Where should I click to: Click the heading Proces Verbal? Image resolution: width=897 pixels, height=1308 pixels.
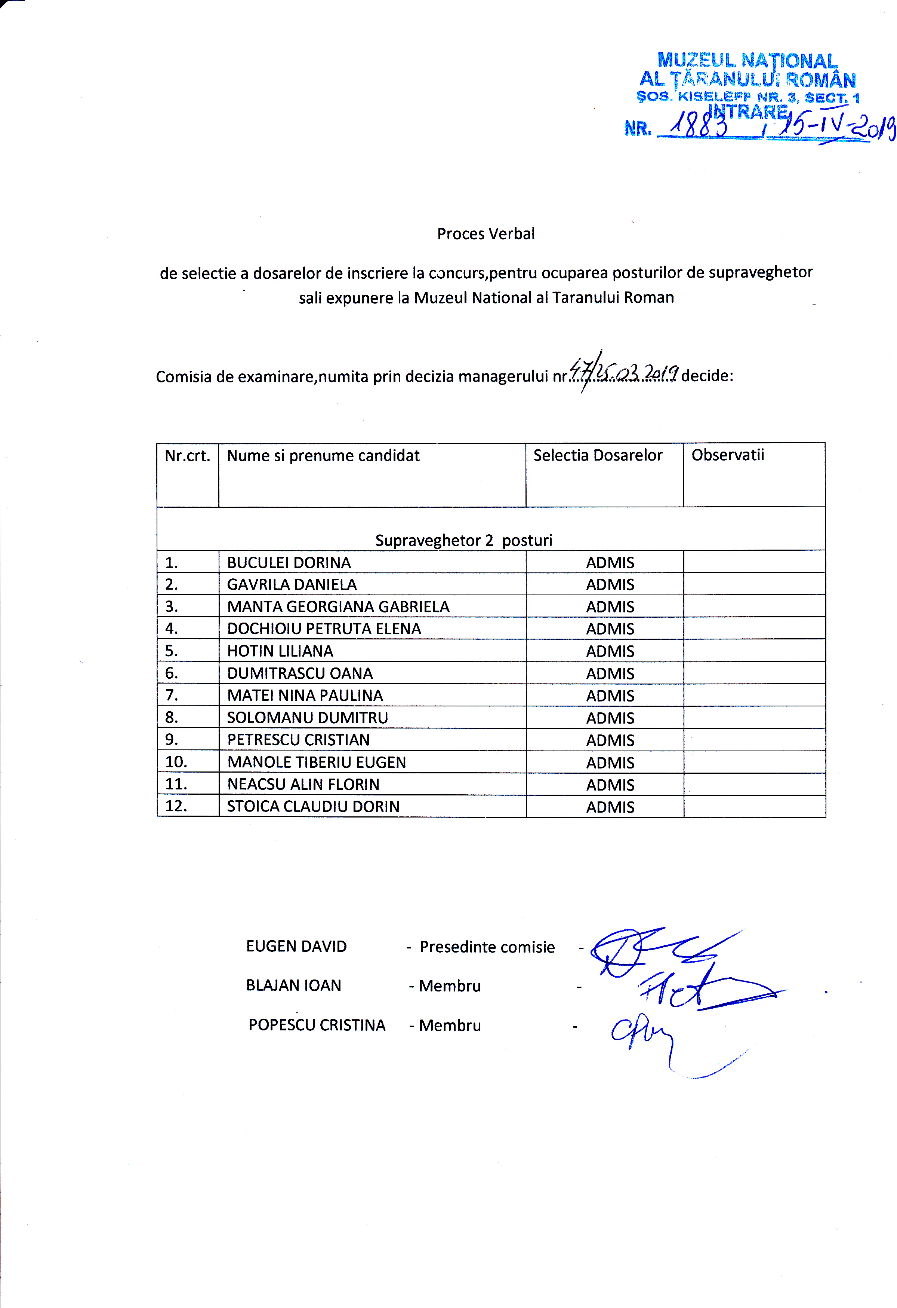pos(486,233)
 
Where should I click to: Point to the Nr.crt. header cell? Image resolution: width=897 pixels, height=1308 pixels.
pos(187,455)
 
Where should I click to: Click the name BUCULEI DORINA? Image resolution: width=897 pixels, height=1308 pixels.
pos(289,562)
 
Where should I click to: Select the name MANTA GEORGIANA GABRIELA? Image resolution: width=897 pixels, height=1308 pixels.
pos(338,607)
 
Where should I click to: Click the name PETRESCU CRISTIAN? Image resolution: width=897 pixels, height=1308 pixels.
pos(298,740)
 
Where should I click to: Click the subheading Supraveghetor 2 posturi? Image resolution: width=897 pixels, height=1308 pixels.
pos(463,540)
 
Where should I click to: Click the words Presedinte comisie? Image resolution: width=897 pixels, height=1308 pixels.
pos(487,947)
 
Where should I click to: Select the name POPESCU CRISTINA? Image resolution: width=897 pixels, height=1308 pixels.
pos(317,1025)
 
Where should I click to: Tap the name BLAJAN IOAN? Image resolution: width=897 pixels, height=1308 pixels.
pos(293,985)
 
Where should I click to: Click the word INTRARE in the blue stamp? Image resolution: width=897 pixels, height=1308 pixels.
pos(748,111)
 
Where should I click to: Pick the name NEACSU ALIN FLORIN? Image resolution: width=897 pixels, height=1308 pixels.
pos(303,784)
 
